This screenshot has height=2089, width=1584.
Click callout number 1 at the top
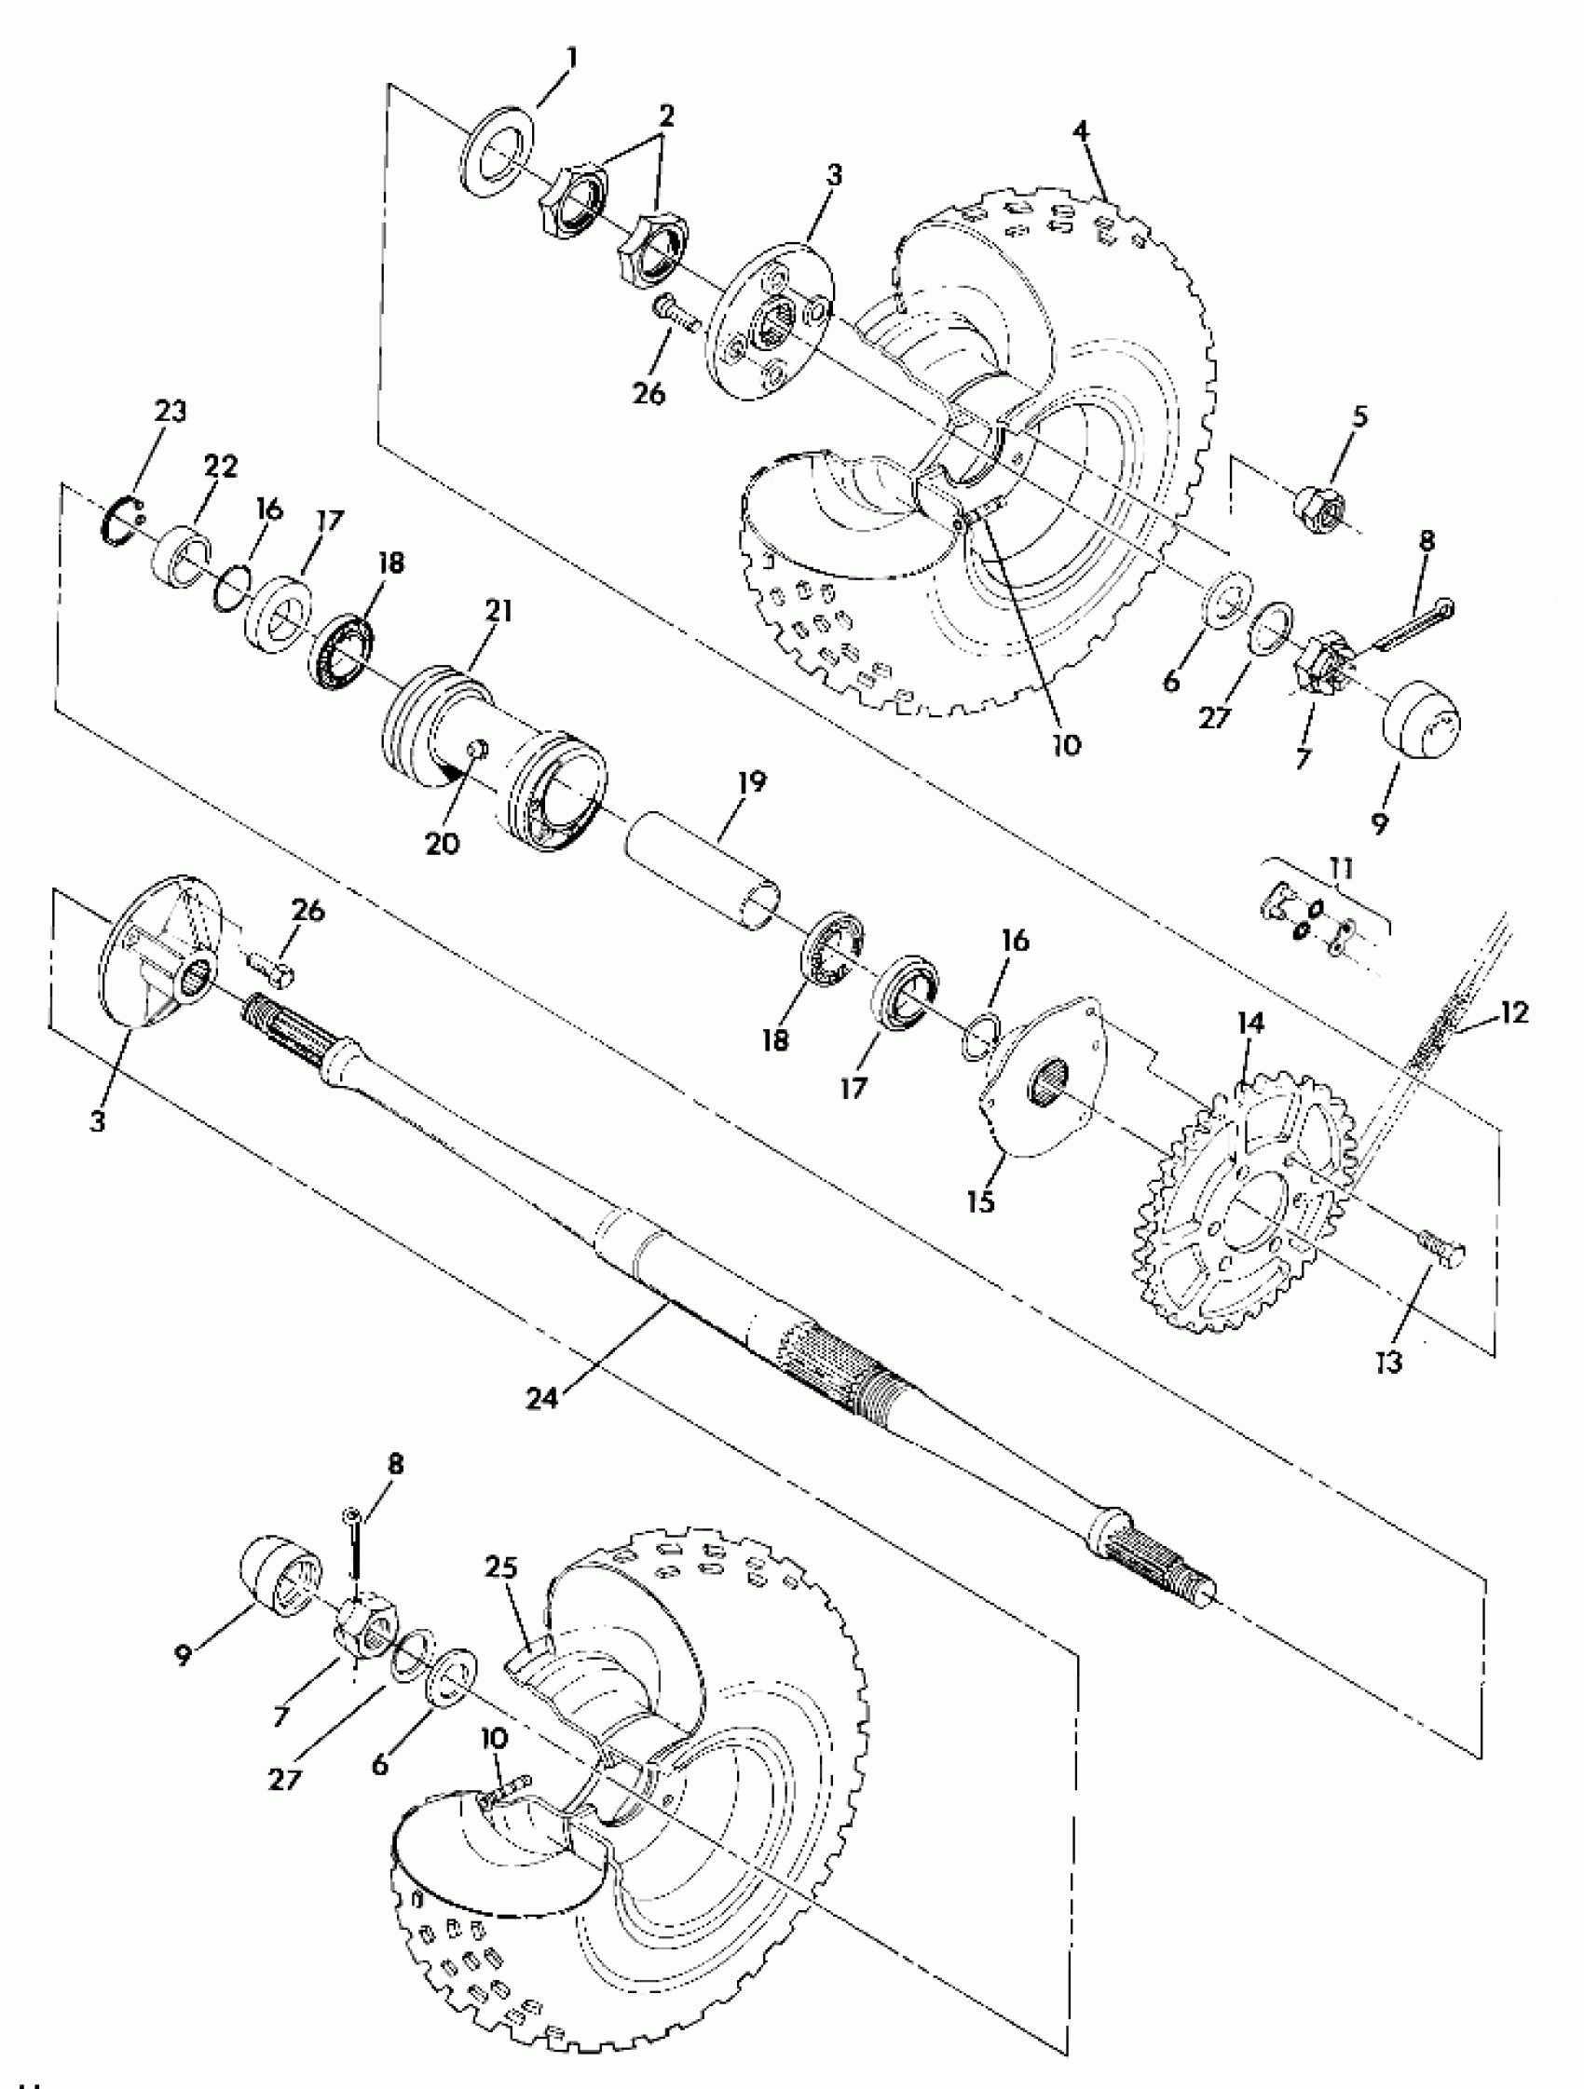coord(570,58)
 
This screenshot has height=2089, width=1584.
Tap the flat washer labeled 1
coord(499,152)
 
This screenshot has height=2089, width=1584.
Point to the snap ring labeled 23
coord(120,520)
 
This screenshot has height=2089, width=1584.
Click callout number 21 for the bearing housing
coord(498,612)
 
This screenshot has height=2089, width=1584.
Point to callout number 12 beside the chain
coord(1512,1012)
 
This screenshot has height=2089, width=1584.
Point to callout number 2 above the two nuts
coord(667,116)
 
